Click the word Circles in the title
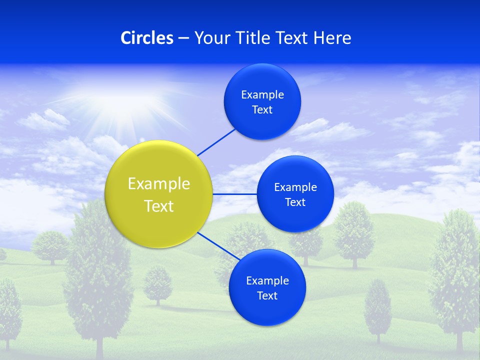(x=146, y=38)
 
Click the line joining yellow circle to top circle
(x=216, y=142)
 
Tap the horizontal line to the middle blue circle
(x=235, y=194)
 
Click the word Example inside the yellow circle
(x=159, y=183)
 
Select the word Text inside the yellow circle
(x=159, y=206)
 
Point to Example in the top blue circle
(x=262, y=94)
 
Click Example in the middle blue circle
(x=295, y=187)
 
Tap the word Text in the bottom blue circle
(x=267, y=295)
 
